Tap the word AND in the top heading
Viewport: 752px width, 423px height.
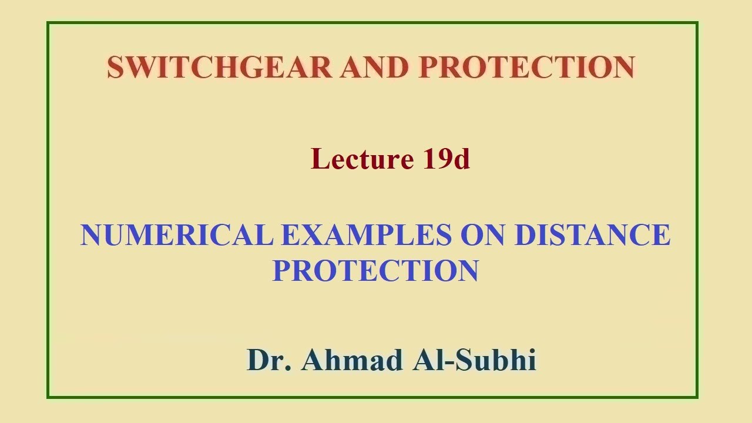point(374,68)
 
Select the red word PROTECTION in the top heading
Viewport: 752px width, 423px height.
point(526,68)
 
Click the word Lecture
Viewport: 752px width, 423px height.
point(362,159)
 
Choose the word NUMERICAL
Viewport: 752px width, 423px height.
point(177,235)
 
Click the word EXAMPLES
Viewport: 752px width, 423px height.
point(367,235)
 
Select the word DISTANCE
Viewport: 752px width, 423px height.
point(592,235)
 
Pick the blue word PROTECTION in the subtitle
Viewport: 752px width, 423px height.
point(375,270)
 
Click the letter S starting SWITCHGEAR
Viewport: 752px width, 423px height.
point(115,68)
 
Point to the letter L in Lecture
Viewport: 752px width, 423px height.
point(318,159)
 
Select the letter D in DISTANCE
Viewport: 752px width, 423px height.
point(524,235)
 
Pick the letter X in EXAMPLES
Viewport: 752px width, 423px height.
point(304,235)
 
